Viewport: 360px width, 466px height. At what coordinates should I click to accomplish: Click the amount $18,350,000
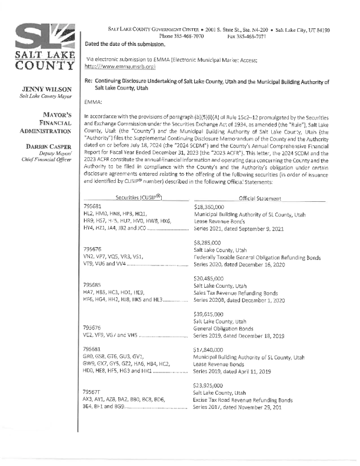point(211,208)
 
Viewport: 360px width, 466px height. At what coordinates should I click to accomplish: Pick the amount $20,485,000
point(211,278)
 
